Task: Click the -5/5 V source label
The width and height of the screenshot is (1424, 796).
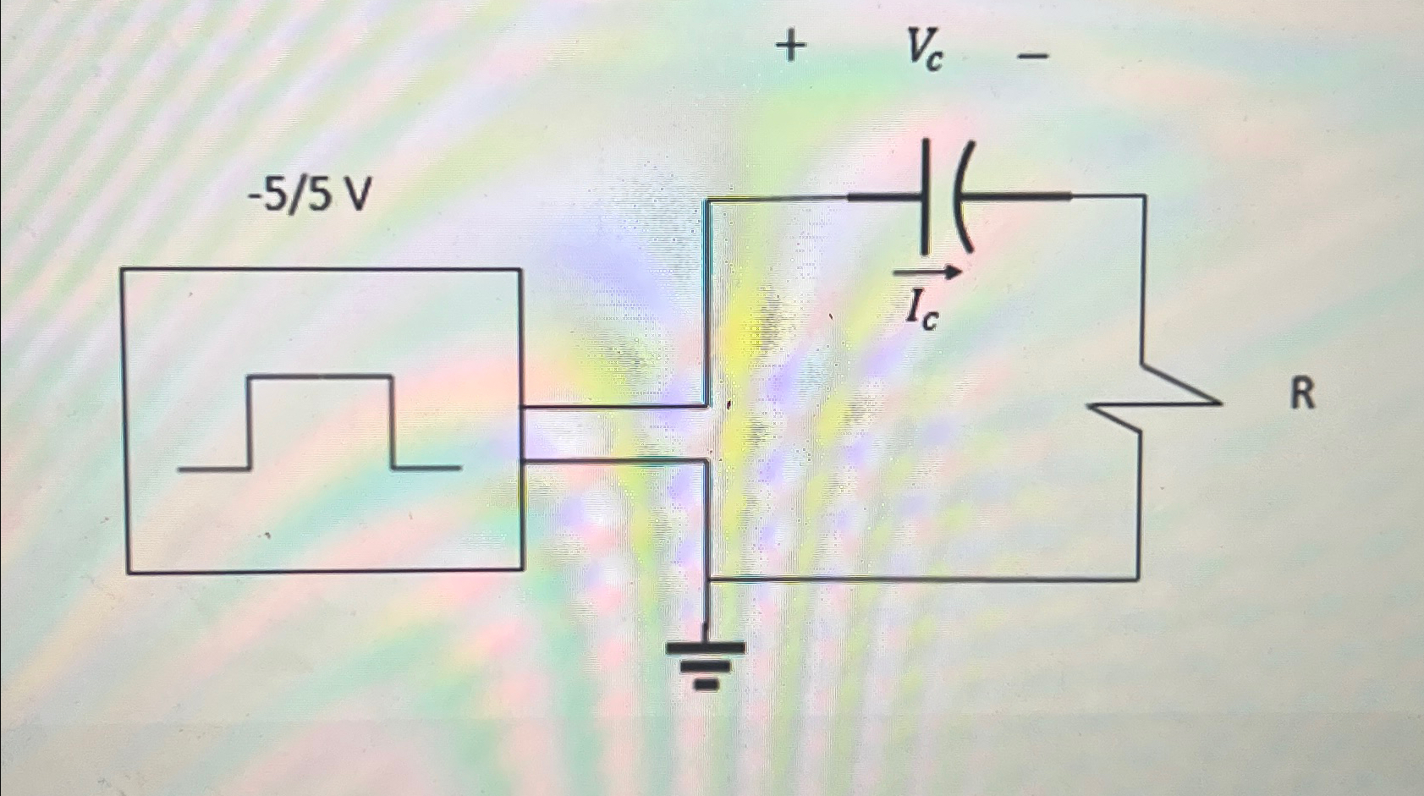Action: click(x=310, y=197)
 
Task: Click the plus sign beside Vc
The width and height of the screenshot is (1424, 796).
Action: click(x=790, y=47)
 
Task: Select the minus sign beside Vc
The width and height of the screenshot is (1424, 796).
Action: click(x=1033, y=57)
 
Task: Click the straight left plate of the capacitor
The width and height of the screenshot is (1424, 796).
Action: click(x=926, y=197)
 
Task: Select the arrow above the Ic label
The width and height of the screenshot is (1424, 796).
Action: click(x=928, y=272)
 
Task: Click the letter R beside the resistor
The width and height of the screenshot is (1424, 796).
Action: click(x=1302, y=394)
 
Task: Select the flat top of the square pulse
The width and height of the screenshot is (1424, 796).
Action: click(x=321, y=376)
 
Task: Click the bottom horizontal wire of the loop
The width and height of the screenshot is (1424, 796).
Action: click(x=922, y=579)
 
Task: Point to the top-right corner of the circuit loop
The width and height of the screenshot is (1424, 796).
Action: click(x=1144, y=196)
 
